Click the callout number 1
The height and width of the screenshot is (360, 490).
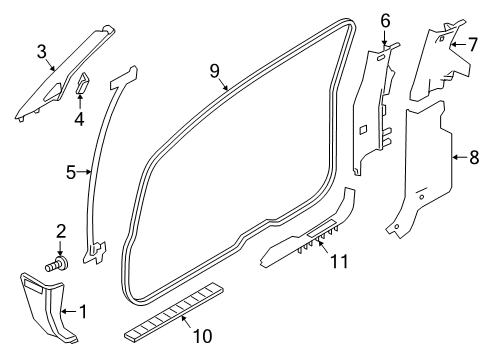point(83,312)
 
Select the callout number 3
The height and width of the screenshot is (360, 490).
point(42,52)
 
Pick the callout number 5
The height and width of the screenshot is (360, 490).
point(71,172)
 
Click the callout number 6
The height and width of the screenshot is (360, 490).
point(385,20)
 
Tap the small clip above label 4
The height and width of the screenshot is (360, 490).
point(81,83)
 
